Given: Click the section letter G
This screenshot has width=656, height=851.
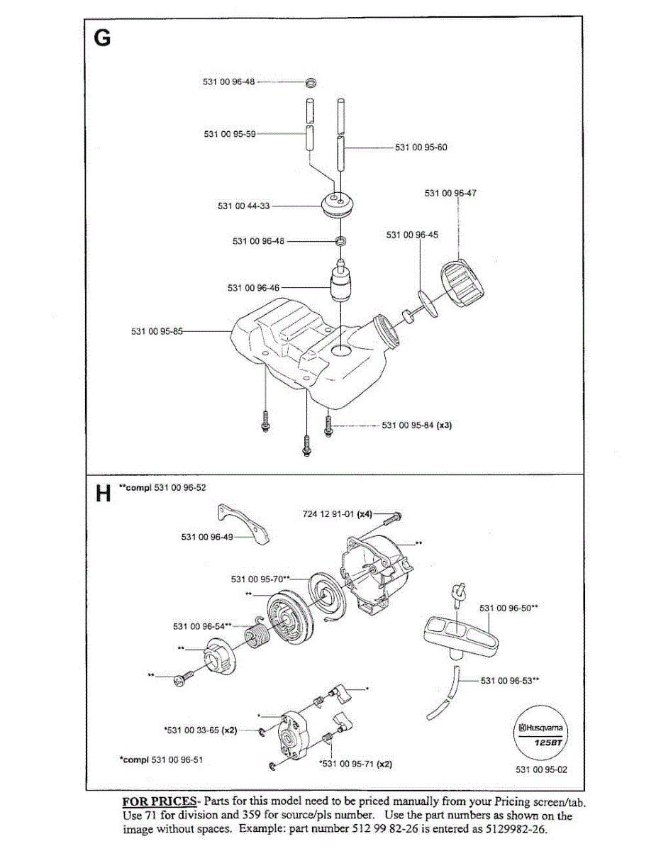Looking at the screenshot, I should point(102,38).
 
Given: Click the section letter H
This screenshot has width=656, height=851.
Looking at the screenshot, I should point(104,494).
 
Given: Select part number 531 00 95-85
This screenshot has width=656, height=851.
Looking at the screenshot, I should point(157,331).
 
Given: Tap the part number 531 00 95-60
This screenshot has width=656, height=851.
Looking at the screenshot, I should point(421,148).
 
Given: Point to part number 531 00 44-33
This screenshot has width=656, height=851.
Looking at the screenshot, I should point(244,206).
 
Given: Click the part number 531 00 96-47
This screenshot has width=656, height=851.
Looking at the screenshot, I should point(450,193).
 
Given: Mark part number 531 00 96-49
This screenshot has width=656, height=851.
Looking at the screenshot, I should point(207,537).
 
